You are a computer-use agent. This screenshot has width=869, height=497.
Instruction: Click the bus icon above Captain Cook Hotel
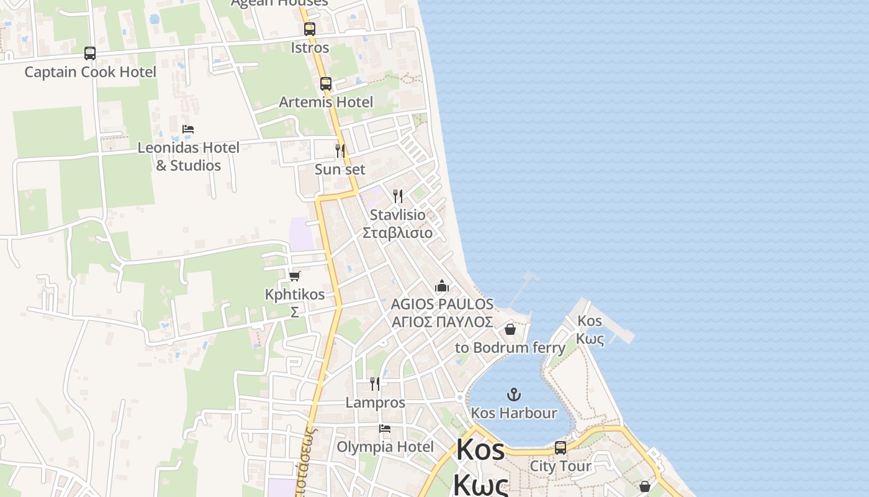90,53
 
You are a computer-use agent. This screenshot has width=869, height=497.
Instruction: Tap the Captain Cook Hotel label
90,72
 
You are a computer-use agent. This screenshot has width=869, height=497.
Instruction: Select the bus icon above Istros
310,29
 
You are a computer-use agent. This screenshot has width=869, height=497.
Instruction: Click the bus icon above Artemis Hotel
326,83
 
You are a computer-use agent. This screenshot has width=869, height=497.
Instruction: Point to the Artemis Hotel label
326,102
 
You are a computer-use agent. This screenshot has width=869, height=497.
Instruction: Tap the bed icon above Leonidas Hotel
188,129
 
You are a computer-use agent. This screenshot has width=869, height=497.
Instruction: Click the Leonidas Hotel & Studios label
188,157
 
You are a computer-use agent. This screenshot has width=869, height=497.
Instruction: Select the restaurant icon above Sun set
340,150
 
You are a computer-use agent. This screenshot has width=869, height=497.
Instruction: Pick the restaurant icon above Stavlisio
398,196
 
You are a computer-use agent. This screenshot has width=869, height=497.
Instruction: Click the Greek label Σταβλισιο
398,233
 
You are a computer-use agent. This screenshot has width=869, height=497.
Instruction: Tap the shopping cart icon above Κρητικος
295,275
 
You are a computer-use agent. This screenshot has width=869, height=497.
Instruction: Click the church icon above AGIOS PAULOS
442,286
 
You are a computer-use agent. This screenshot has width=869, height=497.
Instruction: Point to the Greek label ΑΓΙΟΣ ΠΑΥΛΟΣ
443,322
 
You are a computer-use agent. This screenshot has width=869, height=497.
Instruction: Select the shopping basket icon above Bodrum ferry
510,329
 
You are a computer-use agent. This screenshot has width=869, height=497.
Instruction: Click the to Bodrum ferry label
510,347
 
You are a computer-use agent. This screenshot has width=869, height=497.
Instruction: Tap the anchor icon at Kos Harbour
514,394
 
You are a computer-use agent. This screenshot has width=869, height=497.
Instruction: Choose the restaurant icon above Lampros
375,383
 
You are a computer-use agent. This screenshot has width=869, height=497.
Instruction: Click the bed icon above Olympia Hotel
385,428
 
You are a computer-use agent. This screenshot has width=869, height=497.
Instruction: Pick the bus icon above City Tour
561,447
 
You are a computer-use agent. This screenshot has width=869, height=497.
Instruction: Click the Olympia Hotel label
385,447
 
